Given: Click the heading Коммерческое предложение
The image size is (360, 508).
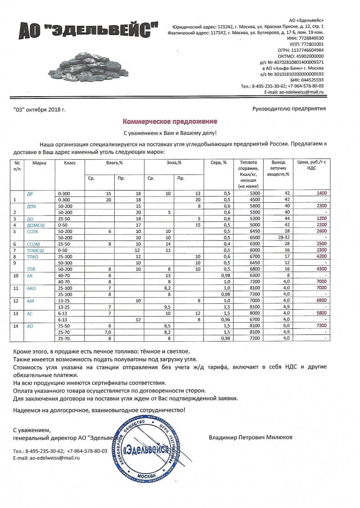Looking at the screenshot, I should click(171, 122).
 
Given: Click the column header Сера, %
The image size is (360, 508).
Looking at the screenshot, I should click(219, 162).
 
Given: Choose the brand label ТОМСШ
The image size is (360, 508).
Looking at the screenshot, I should click(36, 250).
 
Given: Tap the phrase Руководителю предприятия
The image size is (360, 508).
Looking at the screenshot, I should click(289, 108).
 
